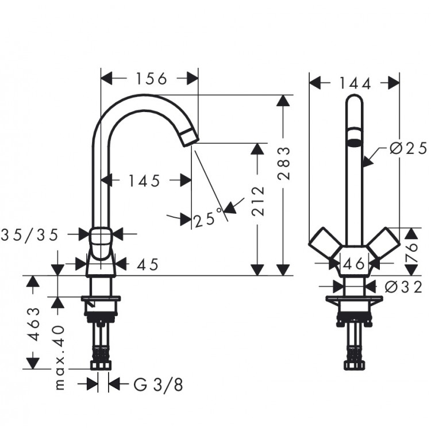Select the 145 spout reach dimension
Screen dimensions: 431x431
click(144, 181)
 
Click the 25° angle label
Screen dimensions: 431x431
click(207, 219)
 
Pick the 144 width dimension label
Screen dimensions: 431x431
click(355, 83)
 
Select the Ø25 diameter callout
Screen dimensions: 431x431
click(407, 149)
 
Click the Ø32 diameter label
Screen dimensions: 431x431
click(404, 286)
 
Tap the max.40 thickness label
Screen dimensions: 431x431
click(59, 357)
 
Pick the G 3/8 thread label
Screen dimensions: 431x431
click(160, 384)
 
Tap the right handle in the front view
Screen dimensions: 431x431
click(387, 244)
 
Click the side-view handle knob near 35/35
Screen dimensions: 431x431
click(102, 236)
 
